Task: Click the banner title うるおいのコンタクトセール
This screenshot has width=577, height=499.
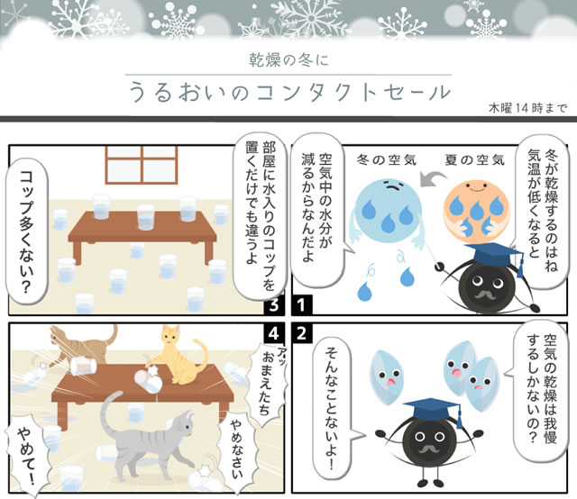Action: coord(288,92)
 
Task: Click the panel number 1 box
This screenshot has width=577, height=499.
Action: coord(303,304)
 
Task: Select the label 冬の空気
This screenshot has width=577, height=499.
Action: coord(387,159)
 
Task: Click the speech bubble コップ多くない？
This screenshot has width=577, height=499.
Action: coord(33,232)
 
